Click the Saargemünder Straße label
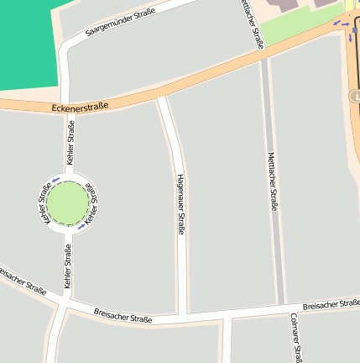click(121, 22)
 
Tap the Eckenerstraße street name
click(80, 107)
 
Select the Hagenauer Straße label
click(180, 205)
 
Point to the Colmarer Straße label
click(295, 337)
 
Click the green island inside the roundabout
click(67, 203)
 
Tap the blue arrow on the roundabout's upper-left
click(55, 180)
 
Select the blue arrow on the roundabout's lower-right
click(81, 225)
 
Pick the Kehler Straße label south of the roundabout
click(67, 266)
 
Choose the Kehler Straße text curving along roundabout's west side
click(43, 203)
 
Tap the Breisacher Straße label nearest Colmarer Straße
click(331, 302)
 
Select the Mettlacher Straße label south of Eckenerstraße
click(272, 181)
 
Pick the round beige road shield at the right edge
click(355, 97)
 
